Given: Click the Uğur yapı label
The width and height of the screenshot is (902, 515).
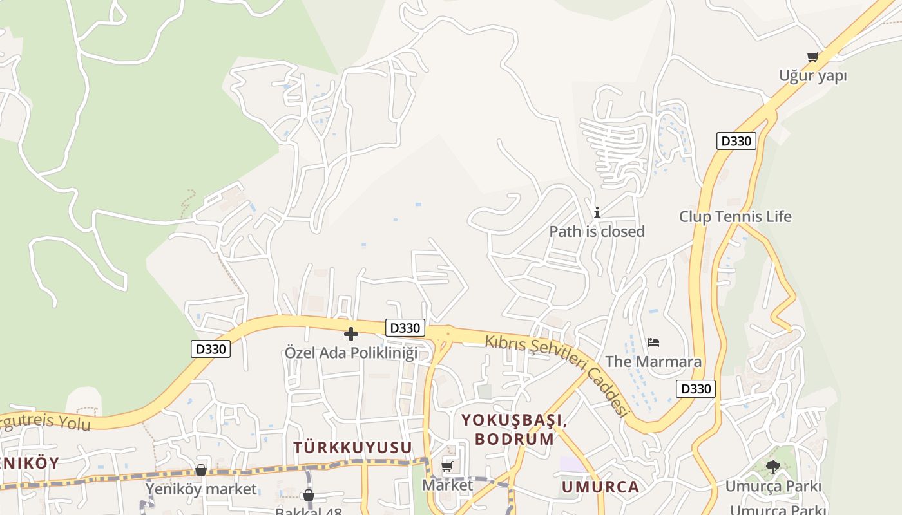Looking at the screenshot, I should [x=812, y=76].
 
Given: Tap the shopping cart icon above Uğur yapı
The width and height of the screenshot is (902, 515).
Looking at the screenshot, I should [x=813, y=57].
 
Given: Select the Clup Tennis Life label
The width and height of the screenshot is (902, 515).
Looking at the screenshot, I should [x=735, y=216].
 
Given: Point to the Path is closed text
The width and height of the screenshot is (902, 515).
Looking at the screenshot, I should [x=597, y=231].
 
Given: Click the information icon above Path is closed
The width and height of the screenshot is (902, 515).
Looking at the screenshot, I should [x=597, y=212].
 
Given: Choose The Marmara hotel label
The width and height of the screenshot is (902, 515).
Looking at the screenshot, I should [x=653, y=361].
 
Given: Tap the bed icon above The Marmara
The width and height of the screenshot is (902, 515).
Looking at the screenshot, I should [x=653, y=342].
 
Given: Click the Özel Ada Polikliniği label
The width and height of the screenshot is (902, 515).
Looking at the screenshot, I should [x=351, y=353].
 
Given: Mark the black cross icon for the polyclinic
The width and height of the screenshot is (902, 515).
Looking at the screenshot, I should [x=351, y=334].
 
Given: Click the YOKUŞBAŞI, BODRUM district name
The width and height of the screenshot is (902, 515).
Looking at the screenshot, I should [x=514, y=429].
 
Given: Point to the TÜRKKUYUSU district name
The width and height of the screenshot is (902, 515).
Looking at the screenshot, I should [x=352, y=447].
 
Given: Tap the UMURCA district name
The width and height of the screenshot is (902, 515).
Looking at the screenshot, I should [x=600, y=487].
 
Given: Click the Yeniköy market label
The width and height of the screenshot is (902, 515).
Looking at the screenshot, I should [x=201, y=489].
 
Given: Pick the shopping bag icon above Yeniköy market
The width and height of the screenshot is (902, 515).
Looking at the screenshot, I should [x=201, y=471].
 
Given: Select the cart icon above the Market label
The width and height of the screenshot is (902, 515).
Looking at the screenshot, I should [x=447, y=466].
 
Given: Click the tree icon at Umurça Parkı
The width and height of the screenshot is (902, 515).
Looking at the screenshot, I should [x=772, y=467].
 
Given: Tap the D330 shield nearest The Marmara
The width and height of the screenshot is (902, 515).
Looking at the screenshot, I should [x=696, y=389].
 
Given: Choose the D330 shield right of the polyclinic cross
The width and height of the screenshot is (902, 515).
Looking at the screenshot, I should [x=405, y=328].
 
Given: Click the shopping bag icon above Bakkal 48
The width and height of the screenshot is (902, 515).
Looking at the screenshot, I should [x=309, y=495].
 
